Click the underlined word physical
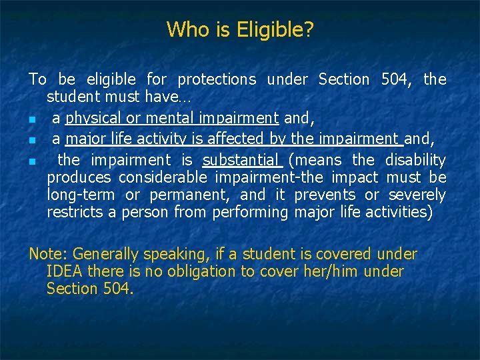tap(93, 119)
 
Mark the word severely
tap(417, 195)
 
